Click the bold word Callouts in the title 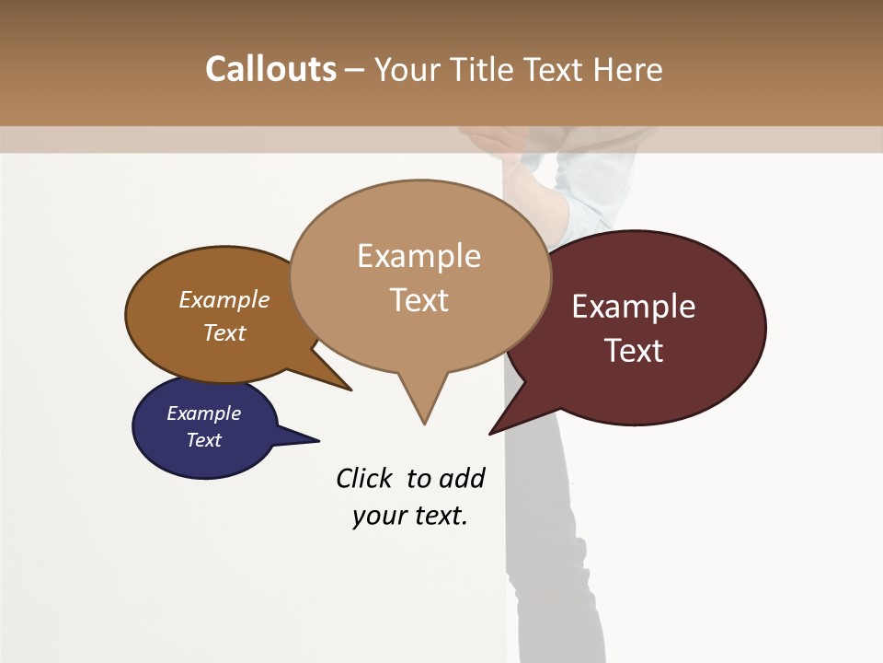[270, 69]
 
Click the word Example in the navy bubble [203, 413]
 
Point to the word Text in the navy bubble [203, 440]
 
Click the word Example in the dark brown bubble [224, 299]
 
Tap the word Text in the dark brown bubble [224, 332]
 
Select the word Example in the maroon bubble [634, 307]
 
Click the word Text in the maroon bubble [634, 351]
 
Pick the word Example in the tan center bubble [419, 256]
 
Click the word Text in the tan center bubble [419, 300]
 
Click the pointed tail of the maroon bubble [505, 420]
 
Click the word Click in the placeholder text [364, 478]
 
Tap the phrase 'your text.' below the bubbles [409, 516]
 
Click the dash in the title [356, 69]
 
